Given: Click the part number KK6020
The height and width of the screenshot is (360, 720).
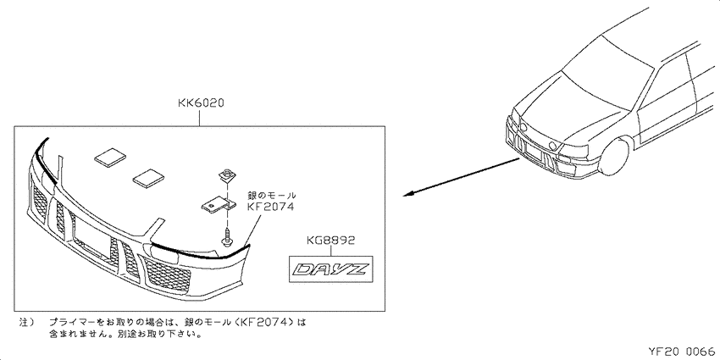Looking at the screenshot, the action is pyautogui.click(x=201, y=104).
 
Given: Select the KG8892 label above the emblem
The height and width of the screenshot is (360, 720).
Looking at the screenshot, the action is pyautogui.click(x=330, y=241).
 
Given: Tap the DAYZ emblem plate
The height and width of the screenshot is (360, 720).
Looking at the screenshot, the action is pyautogui.click(x=330, y=269).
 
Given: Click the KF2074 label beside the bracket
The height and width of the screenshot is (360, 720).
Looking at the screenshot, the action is pyautogui.click(x=270, y=207).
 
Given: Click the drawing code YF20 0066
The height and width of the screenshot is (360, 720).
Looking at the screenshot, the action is pyautogui.click(x=681, y=352).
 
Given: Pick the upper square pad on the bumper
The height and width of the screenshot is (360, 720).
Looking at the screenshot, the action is pyautogui.click(x=110, y=157).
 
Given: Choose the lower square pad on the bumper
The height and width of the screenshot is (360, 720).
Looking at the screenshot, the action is pyautogui.click(x=148, y=178).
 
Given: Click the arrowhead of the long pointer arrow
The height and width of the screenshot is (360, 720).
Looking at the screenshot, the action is pyautogui.click(x=407, y=195).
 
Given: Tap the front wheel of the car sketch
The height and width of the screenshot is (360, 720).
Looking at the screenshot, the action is pyautogui.click(x=614, y=155).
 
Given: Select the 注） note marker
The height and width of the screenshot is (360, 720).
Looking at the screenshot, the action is pyautogui.click(x=26, y=323).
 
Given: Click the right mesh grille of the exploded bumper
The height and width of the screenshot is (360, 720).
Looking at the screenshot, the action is pyautogui.click(x=167, y=274).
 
